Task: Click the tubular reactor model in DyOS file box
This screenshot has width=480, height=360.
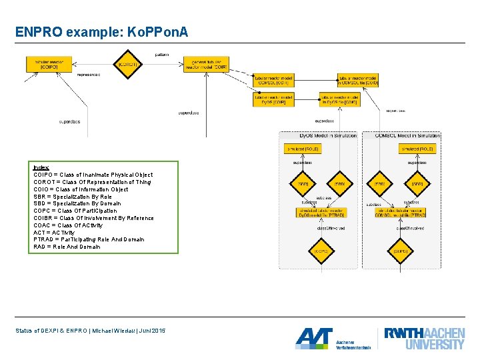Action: [x=339, y=99]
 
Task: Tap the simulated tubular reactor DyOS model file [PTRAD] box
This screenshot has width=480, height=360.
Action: [x=322, y=213]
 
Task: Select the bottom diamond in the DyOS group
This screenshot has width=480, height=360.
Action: [x=322, y=251]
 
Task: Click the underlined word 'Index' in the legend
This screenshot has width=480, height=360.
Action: [x=41, y=167]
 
